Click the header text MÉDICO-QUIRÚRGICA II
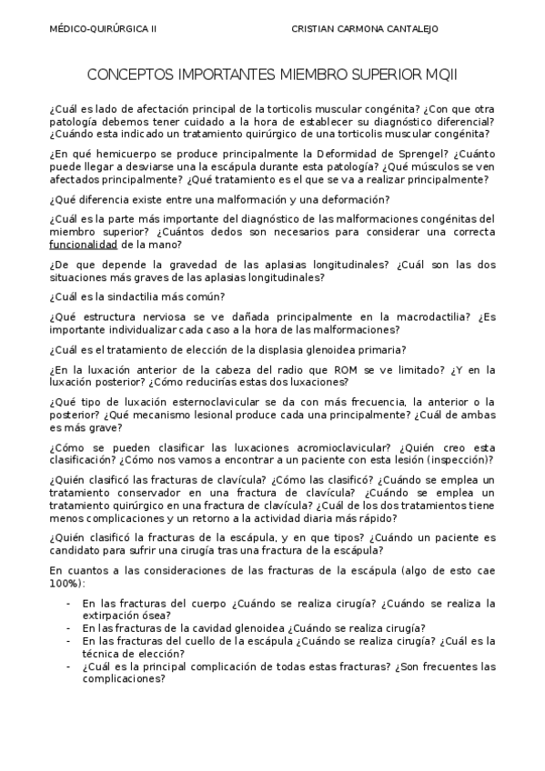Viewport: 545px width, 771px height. point(102,28)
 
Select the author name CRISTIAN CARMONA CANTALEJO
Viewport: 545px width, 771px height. point(364,28)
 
